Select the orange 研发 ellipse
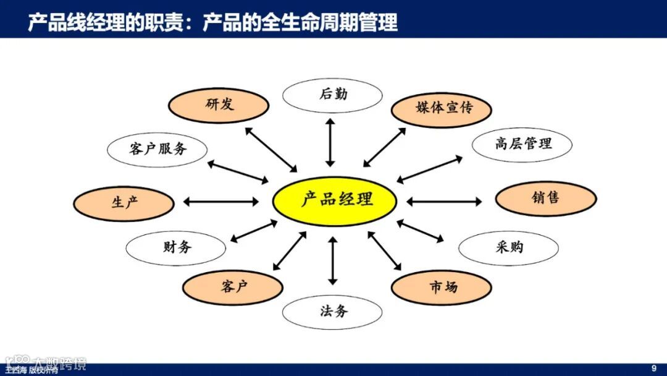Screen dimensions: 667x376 tap(219, 105)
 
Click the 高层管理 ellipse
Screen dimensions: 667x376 tap(522, 145)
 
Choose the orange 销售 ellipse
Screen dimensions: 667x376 tap(545, 199)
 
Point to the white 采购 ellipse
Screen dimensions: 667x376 tap(508, 247)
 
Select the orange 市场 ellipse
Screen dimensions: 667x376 tap(441, 287)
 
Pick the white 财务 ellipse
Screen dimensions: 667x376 tap(176, 247)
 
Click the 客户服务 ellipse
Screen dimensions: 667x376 tap(157, 148)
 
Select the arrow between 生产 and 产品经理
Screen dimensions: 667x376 tap(220, 202)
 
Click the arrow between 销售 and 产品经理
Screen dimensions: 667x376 tap(443, 202)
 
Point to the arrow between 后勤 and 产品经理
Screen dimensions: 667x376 tap(330, 142)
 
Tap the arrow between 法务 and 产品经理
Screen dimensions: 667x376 tap(333, 260)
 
